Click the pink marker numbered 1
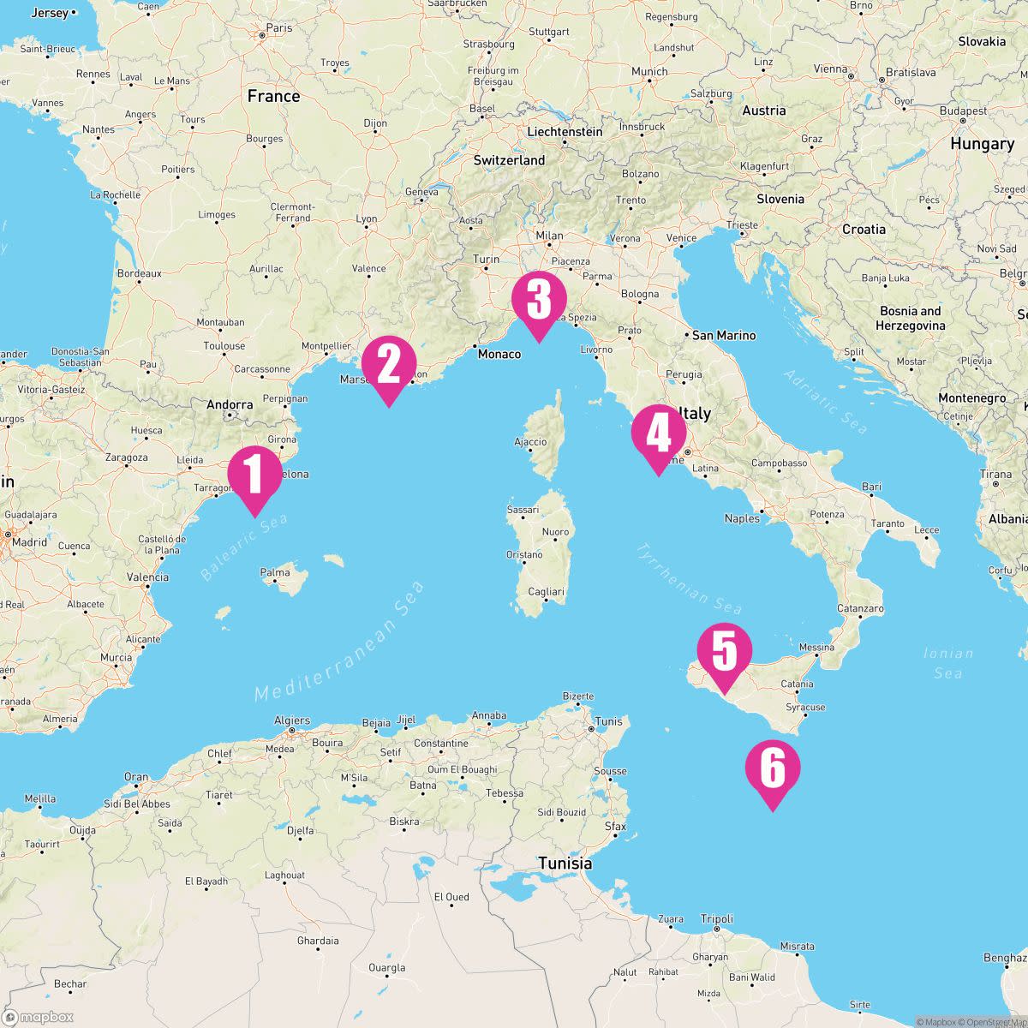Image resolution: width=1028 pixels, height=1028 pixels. click(x=254, y=475)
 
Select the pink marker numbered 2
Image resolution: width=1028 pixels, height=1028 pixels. click(x=389, y=366)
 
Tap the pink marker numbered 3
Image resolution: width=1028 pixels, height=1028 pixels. click(x=539, y=301)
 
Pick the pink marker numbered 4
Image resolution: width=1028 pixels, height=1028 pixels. click(x=658, y=434)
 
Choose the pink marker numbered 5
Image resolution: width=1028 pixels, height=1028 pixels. click(x=724, y=652)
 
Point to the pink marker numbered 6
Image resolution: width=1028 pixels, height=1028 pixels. click(x=772, y=769)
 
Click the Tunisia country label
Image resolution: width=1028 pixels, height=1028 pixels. click(x=565, y=864)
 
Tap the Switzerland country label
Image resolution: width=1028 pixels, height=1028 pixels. click(x=509, y=160)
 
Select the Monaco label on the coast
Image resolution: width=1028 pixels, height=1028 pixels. click(x=499, y=354)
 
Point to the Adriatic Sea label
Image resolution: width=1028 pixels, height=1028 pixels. click(x=826, y=402)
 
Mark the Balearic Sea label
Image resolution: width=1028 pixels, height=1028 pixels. click(x=244, y=548)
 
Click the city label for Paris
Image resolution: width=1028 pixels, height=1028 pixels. click(x=278, y=28)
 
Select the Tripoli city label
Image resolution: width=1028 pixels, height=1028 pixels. click(x=717, y=919)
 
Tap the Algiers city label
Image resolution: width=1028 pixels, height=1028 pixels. click(x=292, y=721)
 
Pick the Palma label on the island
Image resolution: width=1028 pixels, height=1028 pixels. click(x=275, y=572)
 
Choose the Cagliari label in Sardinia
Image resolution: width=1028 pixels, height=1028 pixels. click(x=546, y=592)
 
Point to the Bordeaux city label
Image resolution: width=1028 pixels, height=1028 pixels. click(x=139, y=274)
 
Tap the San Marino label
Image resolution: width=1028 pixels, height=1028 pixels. click(x=724, y=336)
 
